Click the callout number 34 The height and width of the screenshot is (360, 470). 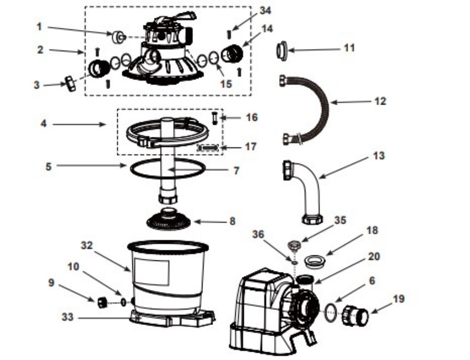click(x=265, y=11)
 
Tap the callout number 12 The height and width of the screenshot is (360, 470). click(x=380, y=102)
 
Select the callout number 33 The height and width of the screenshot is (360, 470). click(x=67, y=317)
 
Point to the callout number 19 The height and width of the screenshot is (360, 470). click(x=398, y=299)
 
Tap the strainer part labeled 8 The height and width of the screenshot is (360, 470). click(x=169, y=219)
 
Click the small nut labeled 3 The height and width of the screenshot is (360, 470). click(x=71, y=83)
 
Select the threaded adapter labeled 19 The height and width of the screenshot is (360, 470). click(x=355, y=315)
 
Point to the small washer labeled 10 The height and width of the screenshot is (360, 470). click(x=123, y=301)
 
